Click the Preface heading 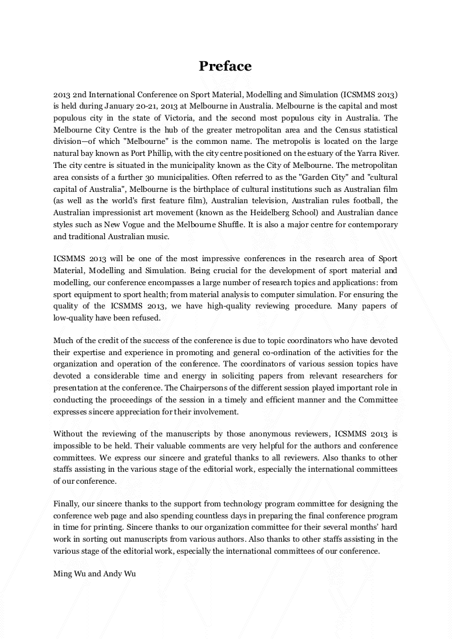tap(225, 66)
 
